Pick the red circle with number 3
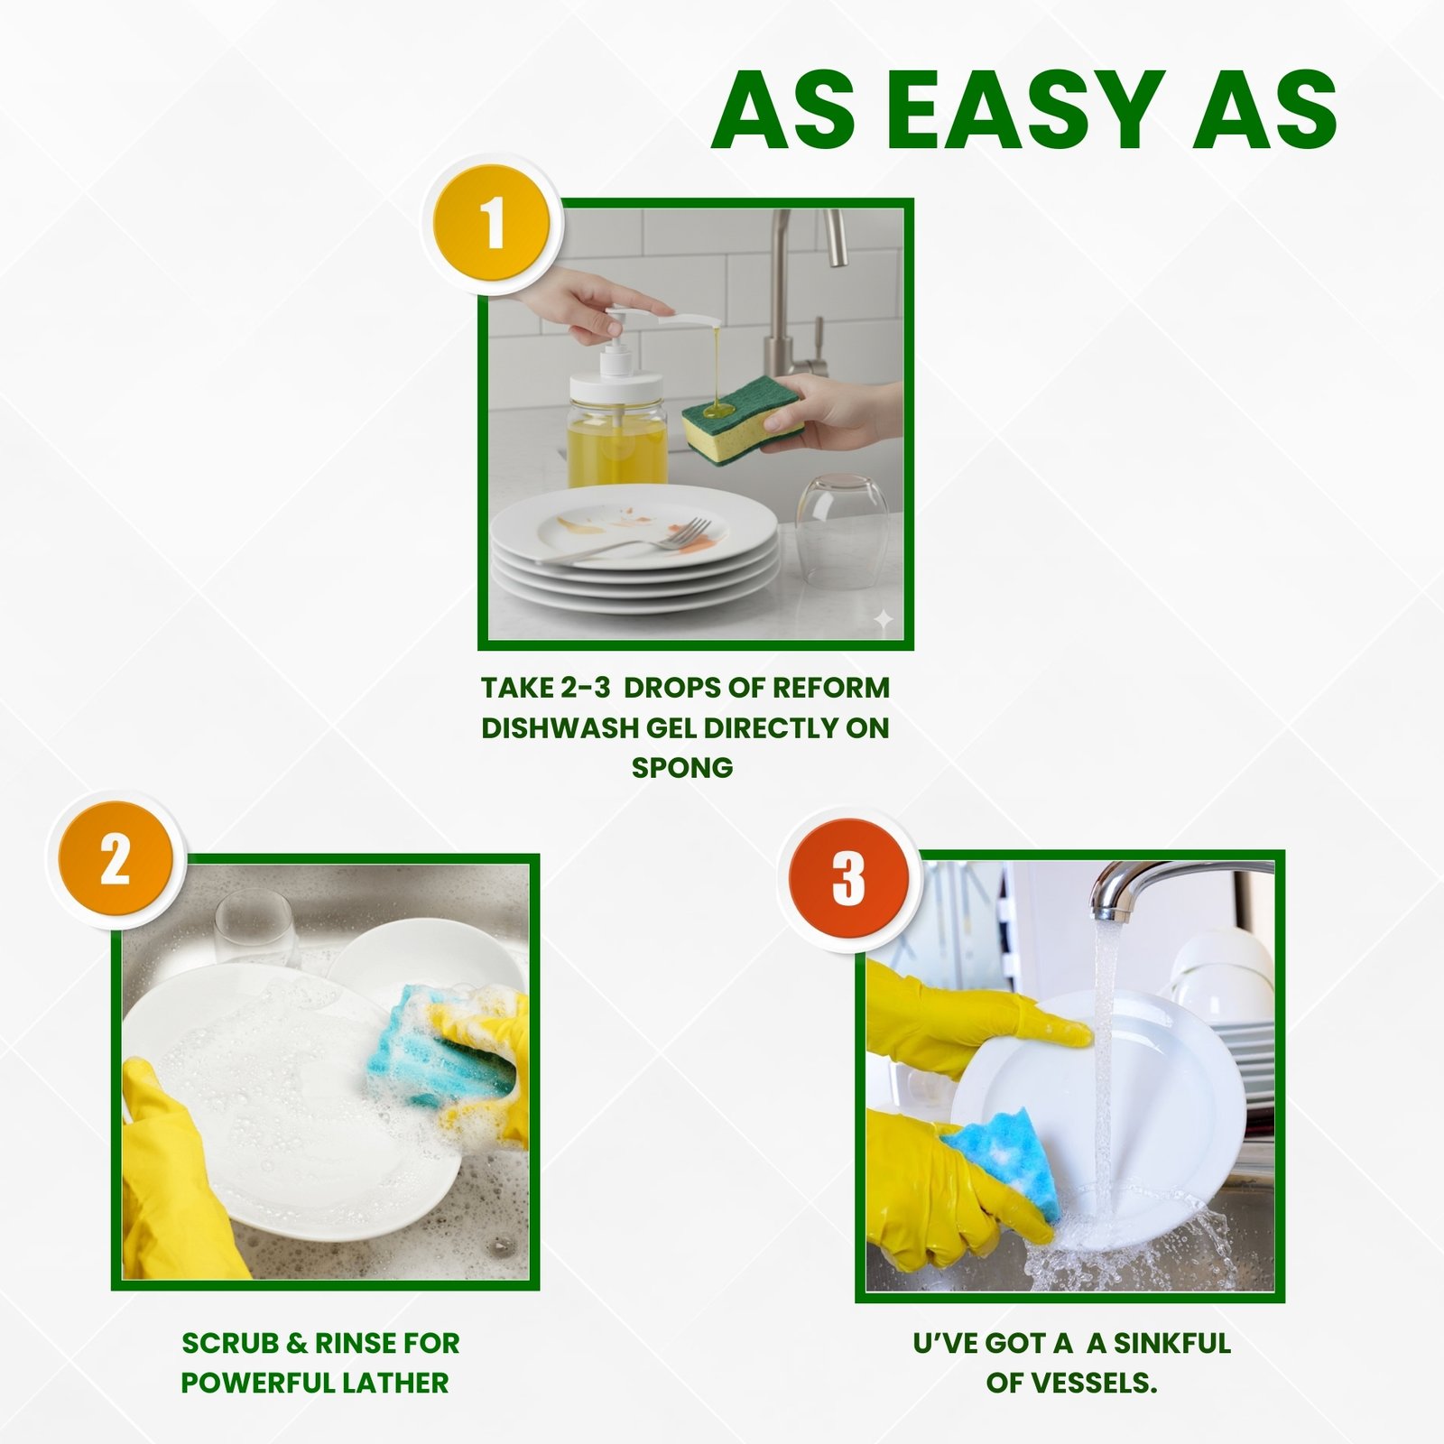(848, 877)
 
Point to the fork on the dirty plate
(632, 541)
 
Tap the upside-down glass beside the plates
(842, 532)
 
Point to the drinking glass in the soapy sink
(255, 930)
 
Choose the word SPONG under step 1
(682, 768)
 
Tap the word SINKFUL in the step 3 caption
(1172, 1343)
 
